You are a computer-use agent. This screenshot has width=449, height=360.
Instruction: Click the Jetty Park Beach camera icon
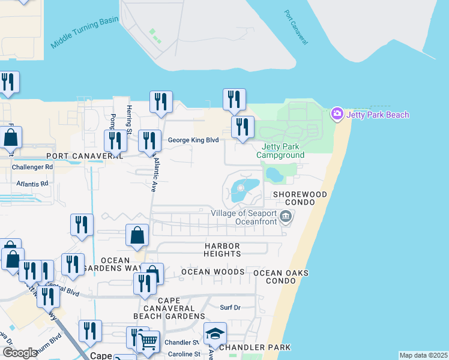337,113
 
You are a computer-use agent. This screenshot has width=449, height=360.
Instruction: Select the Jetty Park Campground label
280,151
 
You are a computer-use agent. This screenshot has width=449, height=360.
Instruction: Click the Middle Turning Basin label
85,32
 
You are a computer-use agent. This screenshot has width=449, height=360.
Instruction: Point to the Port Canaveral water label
296,28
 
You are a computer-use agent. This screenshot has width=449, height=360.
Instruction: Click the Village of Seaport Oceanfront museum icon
286,217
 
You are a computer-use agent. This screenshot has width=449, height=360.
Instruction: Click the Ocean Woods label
213,272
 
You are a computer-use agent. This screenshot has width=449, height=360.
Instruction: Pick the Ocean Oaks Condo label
281,277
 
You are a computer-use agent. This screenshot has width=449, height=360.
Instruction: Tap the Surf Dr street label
230,307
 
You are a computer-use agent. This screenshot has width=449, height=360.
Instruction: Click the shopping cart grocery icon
148,342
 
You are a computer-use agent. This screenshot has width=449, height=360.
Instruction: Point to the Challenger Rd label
32,167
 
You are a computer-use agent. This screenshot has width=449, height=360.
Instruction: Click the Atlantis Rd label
32,184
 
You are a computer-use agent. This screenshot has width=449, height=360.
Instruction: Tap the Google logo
20,353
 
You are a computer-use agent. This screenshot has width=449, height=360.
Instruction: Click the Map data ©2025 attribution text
423,355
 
